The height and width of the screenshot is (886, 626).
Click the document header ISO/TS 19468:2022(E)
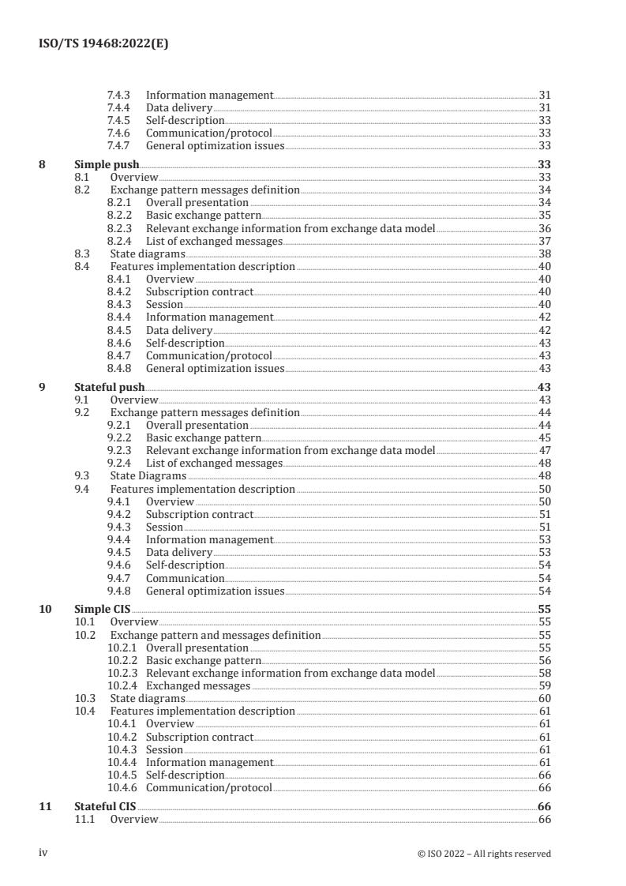[103, 44]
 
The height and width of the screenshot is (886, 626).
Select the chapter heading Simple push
[107, 165]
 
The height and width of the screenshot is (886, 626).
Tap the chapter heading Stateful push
[110, 387]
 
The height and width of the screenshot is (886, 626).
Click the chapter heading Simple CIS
[103, 610]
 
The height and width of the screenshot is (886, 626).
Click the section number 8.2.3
[118, 228]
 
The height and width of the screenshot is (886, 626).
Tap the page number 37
[544, 241]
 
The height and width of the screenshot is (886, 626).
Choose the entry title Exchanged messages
[198, 686]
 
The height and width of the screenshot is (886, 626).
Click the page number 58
[544, 674]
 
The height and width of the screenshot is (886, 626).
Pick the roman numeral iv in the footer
[43, 853]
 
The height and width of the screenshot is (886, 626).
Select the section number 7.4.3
[118, 95]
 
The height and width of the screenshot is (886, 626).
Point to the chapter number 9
[42, 387]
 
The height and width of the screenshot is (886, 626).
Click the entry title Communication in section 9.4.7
[185, 578]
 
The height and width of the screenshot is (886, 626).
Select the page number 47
[544, 451]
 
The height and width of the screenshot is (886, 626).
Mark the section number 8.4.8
[118, 368]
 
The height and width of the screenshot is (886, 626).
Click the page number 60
[544, 699]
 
